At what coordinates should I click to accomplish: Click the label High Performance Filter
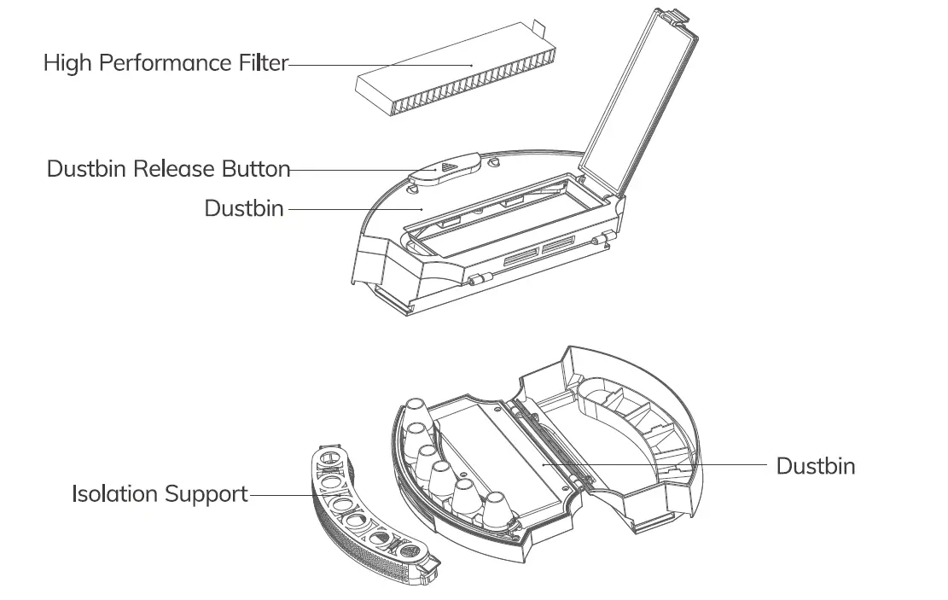[166, 63]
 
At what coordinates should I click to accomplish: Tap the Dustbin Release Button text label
[168, 169]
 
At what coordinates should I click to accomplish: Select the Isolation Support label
[160, 494]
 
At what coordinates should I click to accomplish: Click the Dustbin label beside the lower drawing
[815, 466]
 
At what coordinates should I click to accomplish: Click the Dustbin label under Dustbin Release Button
[244, 208]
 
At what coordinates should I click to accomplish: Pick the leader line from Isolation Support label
[282, 494]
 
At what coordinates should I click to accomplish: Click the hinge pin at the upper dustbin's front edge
[479, 279]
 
